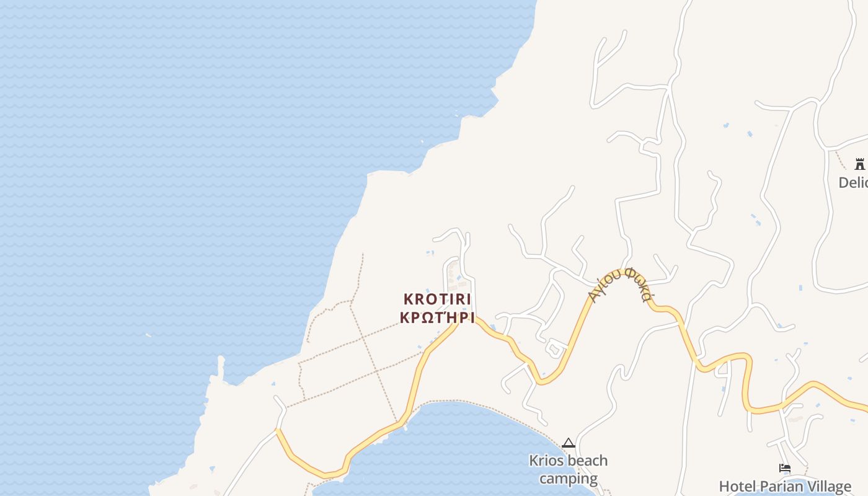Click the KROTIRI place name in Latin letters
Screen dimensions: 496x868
(x=437, y=299)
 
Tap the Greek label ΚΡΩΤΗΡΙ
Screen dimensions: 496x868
(x=437, y=318)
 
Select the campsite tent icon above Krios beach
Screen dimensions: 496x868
(x=568, y=443)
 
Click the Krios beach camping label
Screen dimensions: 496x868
(x=568, y=469)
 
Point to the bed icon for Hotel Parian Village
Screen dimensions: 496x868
(x=785, y=468)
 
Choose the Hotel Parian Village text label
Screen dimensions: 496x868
(x=785, y=487)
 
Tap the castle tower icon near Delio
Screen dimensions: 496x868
(x=859, y=164)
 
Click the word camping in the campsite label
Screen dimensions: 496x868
(x=568, y=479)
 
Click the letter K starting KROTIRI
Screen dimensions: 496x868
(x=409, y=299)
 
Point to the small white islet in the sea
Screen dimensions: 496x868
(x=148, y=335)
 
